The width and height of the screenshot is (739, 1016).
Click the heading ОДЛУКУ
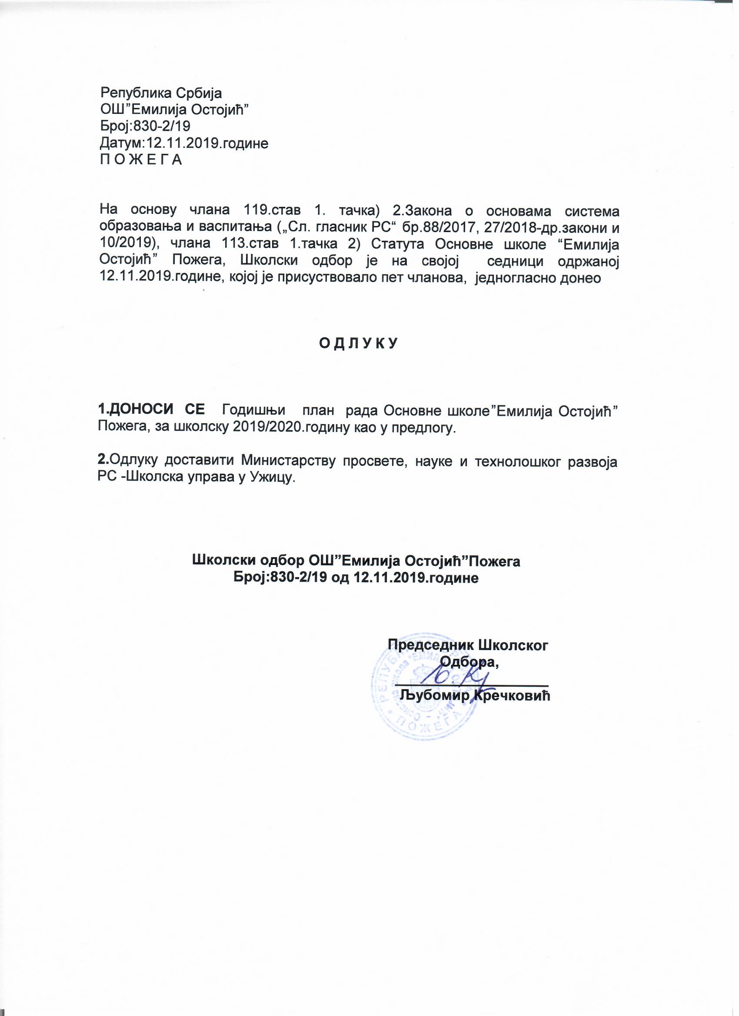coord(358,344)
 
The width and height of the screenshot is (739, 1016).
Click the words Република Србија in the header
coord(161,93)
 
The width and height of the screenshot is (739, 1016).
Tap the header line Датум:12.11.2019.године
coord(184,143)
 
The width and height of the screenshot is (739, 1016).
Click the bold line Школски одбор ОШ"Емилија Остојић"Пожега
coord(356,561)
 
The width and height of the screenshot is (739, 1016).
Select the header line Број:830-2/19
coord(145,127)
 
